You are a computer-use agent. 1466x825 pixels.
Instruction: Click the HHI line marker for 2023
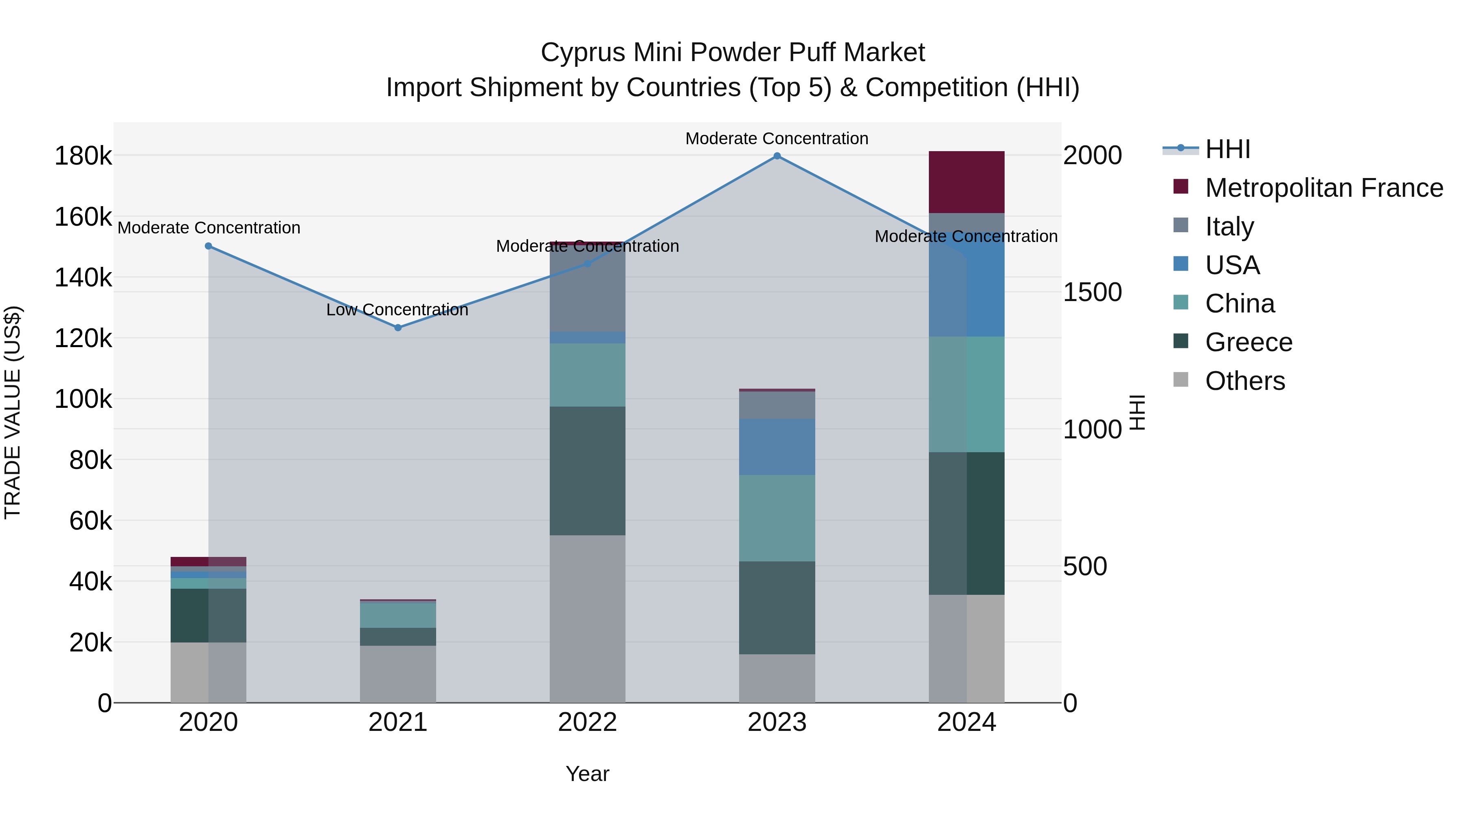tap(777, 156)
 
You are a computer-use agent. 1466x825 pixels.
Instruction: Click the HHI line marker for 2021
tap(398, 328)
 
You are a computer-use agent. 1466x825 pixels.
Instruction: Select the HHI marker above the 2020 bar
tap(208, 246)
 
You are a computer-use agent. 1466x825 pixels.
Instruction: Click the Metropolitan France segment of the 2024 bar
tap(966, 182)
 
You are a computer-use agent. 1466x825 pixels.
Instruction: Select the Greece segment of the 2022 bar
tap(587, 471)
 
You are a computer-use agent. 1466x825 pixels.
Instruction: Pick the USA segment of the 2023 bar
tap(777, 447)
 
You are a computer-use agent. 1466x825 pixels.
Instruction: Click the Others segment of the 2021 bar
tap(398, 674)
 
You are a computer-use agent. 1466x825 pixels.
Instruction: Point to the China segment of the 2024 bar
tap(966, 394)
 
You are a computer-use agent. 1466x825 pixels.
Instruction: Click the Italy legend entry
tap(1229, 227)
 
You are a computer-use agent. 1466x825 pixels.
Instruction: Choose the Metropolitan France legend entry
tap(1324, 188)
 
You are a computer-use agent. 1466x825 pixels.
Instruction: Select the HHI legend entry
tap(1227, 149)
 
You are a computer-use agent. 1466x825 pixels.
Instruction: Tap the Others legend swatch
tap(1181, 380)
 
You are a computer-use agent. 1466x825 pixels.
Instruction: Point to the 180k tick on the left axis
tap(83, 156)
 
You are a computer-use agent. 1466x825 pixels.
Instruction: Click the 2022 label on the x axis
tap(587, 722)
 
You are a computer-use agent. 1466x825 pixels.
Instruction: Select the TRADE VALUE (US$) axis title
tap(13, 412)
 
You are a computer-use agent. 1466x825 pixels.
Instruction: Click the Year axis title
tap(587, 774)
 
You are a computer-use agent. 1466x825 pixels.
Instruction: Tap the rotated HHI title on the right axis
tap(1137, 412)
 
